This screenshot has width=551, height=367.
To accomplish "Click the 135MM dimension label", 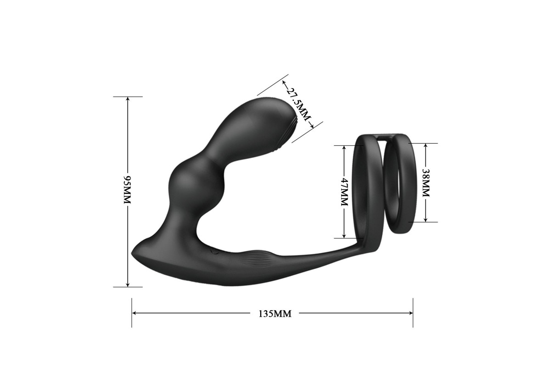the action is tap(275, 314).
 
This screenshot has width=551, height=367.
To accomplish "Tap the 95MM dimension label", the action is tap(127, 189).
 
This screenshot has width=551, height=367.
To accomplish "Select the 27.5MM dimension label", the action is tap(298, 104).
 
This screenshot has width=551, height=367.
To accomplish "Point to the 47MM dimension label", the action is tap(344, 192).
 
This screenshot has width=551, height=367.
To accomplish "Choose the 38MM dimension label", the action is tap(426, 183).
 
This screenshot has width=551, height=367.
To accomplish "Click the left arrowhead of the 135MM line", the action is tap(134, 313).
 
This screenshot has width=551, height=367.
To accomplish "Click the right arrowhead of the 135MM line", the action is tap(410, 313).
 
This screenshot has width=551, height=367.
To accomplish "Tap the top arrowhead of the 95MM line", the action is tap(128, 99).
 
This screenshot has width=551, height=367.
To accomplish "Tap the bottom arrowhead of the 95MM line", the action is tap(128, 284).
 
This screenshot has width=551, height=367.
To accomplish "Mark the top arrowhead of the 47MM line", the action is tap(344, 148).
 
